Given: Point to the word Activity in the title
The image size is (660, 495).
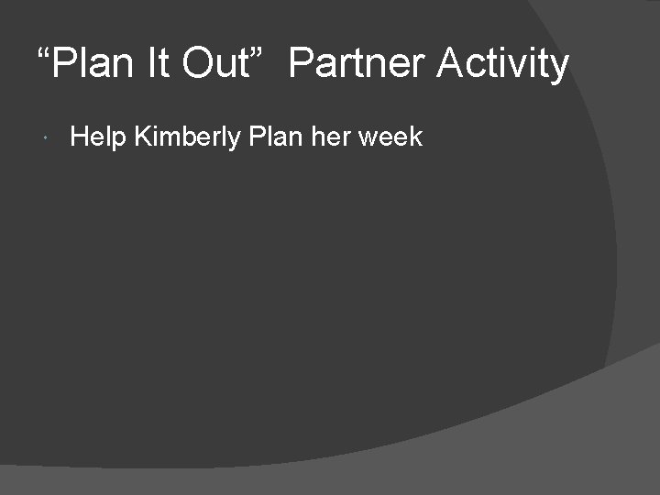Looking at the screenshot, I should [502, 64].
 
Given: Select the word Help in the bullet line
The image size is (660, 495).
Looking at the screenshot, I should [98, 137].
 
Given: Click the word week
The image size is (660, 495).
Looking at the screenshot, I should [390, 137].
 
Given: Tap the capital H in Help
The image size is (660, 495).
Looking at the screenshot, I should [79, 137].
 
